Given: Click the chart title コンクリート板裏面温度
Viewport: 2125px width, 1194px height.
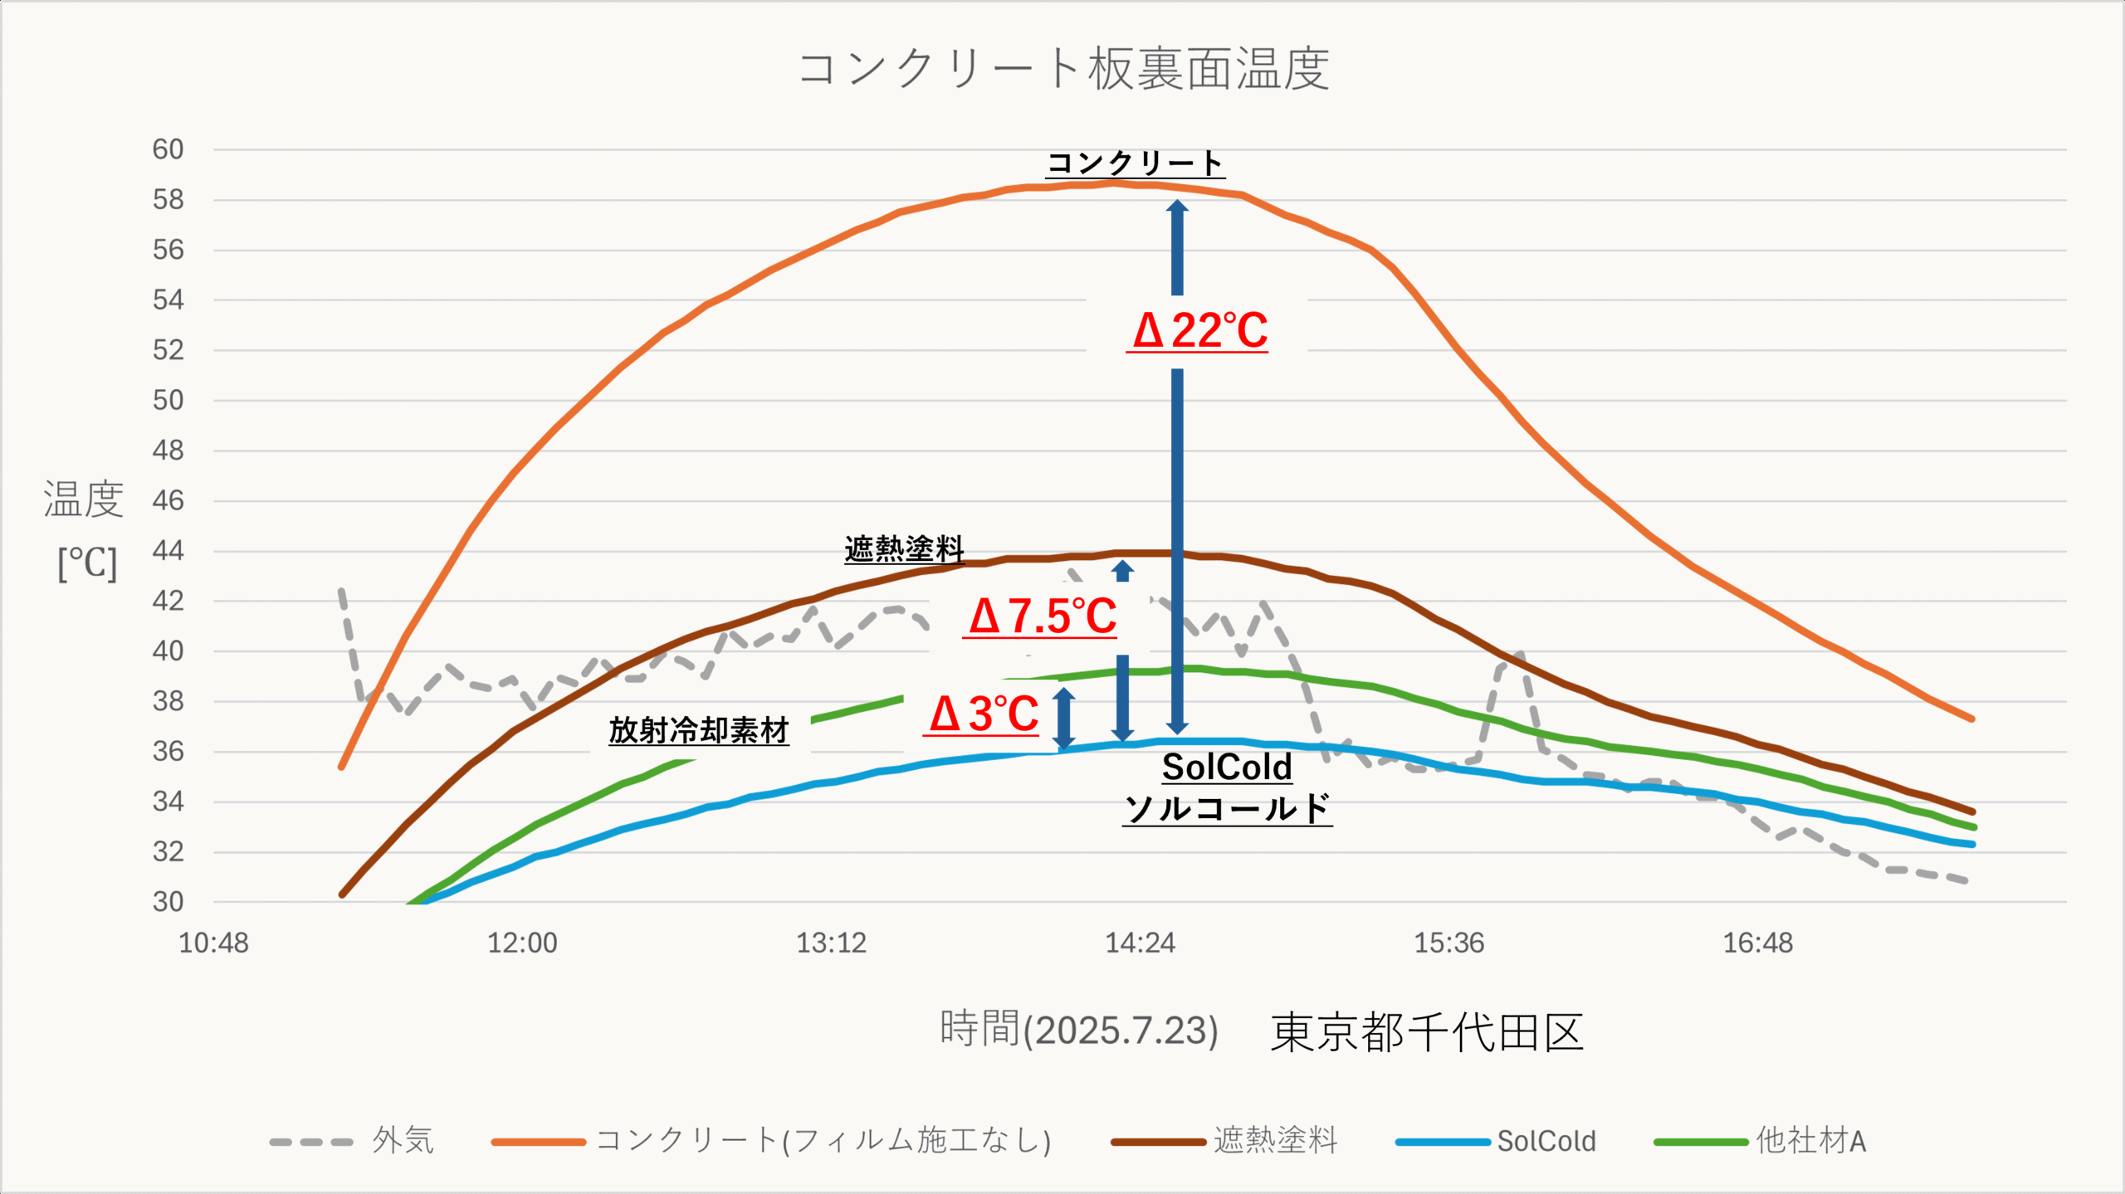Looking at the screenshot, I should point(1063,69).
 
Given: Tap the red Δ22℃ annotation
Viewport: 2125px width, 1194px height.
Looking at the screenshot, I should point(1199,330).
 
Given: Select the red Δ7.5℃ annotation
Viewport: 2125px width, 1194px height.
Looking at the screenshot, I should point(1043,616).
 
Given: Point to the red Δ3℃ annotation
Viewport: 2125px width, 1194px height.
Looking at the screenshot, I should point(984,714).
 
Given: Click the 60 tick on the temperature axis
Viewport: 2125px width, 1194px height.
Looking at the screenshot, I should point(168,150).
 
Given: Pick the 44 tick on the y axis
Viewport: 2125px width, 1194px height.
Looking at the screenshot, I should point(168,551).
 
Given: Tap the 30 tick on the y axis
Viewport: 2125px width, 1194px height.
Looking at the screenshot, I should point(168,902).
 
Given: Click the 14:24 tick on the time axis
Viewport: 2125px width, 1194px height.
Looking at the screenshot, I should point(1140,943).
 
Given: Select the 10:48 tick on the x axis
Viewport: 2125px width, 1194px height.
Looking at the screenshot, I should point(213,943).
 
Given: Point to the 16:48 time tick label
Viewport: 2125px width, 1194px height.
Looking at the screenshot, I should point(1757,943).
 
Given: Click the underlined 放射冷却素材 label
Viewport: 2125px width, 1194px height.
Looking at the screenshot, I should point(698,731).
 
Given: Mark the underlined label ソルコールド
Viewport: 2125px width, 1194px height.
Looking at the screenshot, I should point(1227,808).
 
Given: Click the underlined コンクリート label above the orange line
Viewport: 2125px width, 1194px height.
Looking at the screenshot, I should point(1135,163).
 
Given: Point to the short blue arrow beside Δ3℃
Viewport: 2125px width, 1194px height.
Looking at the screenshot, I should point(1064,719).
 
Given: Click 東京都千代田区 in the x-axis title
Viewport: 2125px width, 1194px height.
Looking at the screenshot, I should point(1426,1033).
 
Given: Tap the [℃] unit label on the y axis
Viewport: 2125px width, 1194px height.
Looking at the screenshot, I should point(87,564).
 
